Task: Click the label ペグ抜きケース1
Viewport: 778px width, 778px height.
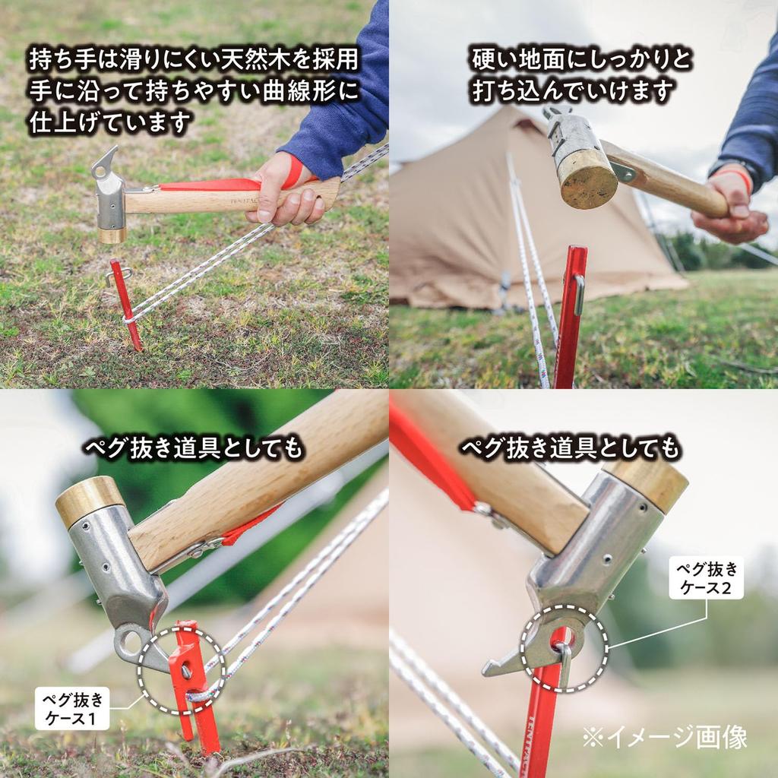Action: (72, 708)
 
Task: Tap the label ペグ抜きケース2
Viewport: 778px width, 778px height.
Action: (706, 577)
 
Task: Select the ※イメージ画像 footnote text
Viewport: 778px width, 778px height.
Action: (665, 736)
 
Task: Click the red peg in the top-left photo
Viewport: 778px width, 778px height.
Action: (125, 304)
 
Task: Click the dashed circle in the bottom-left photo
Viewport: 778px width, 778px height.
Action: (181, 669)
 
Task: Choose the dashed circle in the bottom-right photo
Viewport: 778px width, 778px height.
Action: (564, 648)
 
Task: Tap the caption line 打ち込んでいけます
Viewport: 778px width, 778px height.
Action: (572, 91)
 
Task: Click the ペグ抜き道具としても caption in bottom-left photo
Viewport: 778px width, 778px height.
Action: (193, 449)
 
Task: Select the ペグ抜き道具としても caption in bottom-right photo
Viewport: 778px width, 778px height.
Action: (571, 449)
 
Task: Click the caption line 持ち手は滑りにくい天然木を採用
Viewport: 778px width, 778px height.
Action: (194, 59)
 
